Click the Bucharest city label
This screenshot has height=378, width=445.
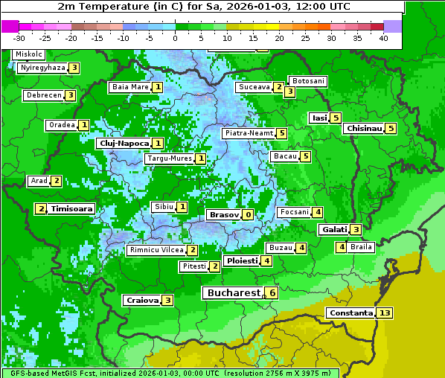[x=233, y=293]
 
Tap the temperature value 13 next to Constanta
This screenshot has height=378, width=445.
[x=384, y=313]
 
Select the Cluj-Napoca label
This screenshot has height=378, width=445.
[x=123, y=143]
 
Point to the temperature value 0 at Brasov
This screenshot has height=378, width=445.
[x=248, y=214]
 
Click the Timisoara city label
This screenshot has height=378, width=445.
[x=71, y=209]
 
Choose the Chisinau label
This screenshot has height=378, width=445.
[x=364, y=128]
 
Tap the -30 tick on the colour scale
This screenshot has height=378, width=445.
[x=19, y=37]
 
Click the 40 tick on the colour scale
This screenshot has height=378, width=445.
[x=383, y=37]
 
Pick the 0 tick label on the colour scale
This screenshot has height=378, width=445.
[x=175, y=37]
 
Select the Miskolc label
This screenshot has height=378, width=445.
[x=29, y=54]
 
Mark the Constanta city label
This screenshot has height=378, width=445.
[x=350, y=313]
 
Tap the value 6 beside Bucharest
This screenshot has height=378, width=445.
[x=272, y=293]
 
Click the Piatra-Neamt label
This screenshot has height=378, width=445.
[x=249, y=133]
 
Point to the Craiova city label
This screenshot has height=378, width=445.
[x=142, y=300]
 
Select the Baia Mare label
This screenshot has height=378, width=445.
[x=130, y=87]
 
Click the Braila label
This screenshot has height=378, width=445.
[x=361, y=247]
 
